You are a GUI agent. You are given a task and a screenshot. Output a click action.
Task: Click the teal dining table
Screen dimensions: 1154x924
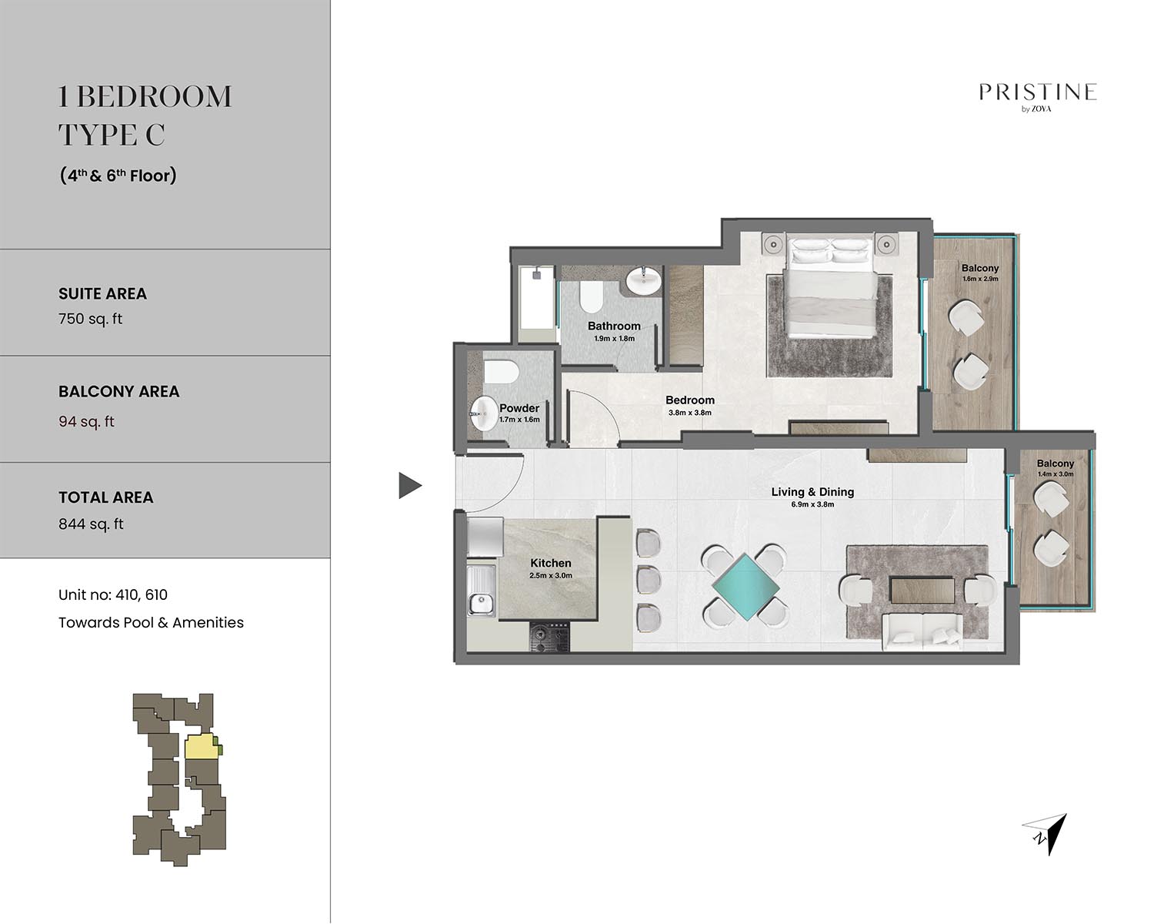coord(745,588)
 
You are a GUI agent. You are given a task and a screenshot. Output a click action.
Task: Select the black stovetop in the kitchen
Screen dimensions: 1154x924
coord(549,637)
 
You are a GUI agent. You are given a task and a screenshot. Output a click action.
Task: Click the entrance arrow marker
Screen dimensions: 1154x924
coord(410,485)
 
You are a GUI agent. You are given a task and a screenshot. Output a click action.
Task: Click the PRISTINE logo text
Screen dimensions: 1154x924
coord(1038,92)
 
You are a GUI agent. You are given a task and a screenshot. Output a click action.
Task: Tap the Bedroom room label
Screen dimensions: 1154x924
coord(689,400)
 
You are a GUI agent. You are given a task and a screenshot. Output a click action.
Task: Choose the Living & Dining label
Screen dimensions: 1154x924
coord(812,492)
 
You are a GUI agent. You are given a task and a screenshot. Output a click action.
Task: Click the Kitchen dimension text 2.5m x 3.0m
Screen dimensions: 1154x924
coord(551,575)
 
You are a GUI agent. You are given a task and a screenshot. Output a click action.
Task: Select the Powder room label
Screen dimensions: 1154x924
coord(519,408)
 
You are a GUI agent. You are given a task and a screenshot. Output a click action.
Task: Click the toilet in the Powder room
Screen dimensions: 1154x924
coord(501,372)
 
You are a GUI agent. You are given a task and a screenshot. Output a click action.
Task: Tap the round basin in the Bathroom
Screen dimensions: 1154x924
coord(643,281)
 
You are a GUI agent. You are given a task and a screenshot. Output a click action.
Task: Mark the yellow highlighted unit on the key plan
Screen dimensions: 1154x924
coord(201,747)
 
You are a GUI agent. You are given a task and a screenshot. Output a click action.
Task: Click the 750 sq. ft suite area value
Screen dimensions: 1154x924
coord(90,319)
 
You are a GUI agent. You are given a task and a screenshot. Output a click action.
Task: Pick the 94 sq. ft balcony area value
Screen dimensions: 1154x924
coord(86,421)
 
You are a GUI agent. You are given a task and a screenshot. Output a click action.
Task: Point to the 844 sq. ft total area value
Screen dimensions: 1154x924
coord(91,524)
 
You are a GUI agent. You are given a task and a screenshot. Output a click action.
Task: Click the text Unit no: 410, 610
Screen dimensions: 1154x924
coord(113,594)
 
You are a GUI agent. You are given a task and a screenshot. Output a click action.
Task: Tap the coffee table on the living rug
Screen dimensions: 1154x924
coord(922,590)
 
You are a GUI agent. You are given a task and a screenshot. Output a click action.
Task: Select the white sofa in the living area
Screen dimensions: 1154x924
coord(922,634)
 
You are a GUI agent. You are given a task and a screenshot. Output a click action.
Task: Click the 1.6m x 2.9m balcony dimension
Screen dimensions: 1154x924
coord(980,280)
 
